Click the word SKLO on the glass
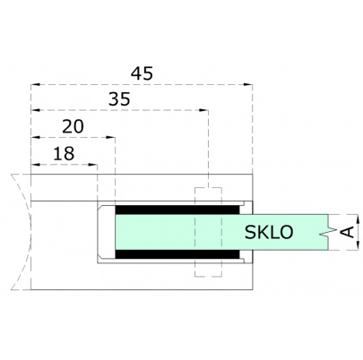click(268, 233)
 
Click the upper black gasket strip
click(176, 209)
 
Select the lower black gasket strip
click(176, 257)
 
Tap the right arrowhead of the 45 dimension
click(247, 85)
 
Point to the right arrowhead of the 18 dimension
click(94, 166)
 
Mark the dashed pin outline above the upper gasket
click(207, 194)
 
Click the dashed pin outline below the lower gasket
click(207, 271)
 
